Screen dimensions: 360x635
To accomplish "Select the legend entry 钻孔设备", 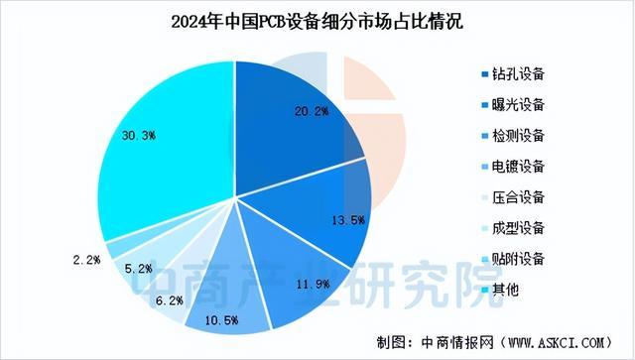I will point(520,74).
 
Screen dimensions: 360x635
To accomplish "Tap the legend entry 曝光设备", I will point(520,104).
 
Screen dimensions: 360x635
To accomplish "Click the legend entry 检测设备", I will point(520,134).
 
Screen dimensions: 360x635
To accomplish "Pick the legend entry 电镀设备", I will point(520,165).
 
